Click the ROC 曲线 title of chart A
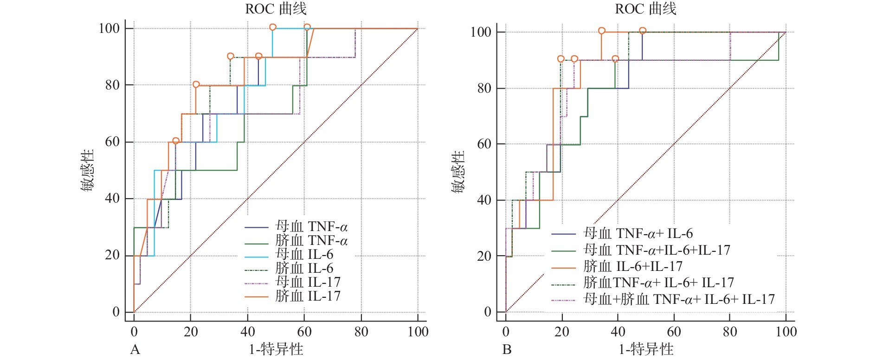276,9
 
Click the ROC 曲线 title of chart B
645,9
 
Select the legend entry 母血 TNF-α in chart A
311,227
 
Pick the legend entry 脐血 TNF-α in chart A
311,241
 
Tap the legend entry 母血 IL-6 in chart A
304,254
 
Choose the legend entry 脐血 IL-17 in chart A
308,296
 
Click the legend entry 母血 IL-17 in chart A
308,282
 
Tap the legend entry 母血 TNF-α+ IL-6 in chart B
638,234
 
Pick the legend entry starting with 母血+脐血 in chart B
678,300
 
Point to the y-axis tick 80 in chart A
112,85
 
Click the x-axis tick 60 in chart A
304,332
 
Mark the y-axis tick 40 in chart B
484,200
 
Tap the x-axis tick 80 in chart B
730,332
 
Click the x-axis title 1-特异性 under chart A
276,349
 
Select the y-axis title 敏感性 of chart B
458,172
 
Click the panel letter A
135,349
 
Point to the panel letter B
507,349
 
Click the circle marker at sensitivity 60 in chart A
175,141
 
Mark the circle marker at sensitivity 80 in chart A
196,84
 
